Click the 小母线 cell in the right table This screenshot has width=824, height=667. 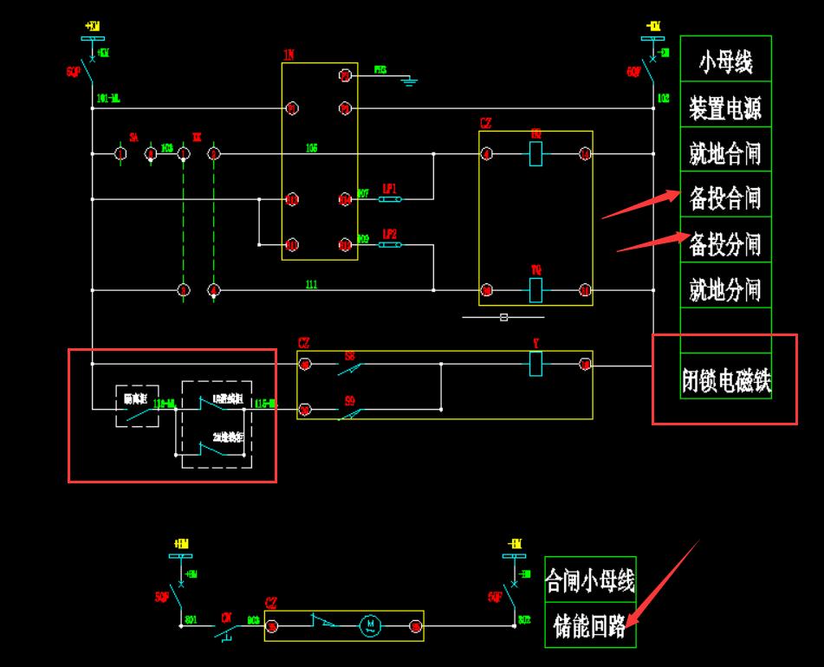point(725,61)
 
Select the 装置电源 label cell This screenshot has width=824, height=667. point(725,108)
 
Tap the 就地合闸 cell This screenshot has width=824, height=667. point(725,154)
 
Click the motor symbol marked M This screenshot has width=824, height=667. point(370,625)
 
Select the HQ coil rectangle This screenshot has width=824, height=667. point(535,154)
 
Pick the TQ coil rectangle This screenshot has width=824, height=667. point(535,289)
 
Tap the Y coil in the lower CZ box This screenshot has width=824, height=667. point(535,365)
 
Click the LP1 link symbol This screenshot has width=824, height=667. point(390,199)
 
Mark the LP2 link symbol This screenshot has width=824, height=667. point(390,244)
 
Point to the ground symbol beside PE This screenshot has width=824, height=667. point(410,81)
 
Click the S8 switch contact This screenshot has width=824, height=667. point(349,368)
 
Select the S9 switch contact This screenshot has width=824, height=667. point(349,412)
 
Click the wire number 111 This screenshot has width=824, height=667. point(311,283)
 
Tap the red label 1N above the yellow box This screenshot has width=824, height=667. point(289,55)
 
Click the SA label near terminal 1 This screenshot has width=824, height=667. point(133,138)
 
